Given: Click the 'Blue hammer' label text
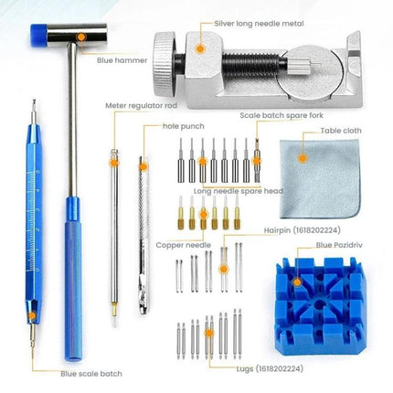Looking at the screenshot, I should [122, 60].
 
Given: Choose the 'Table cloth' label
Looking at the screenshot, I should [341, 131].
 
